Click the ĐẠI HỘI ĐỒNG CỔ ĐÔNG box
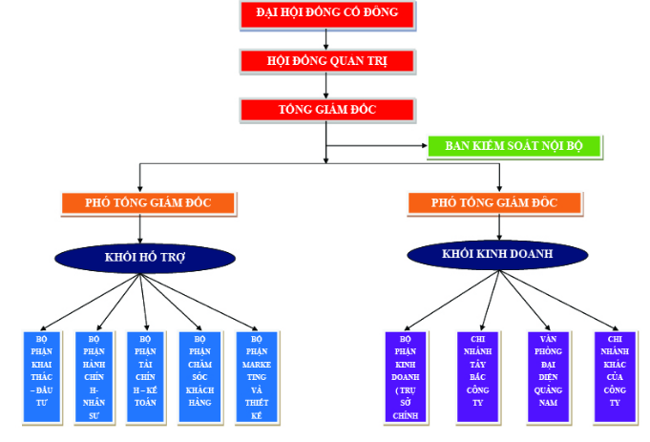(326, 14)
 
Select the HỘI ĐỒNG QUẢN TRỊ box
(326, 61)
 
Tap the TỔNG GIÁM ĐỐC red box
(326, 109)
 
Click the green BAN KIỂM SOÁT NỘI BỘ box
(514, 146)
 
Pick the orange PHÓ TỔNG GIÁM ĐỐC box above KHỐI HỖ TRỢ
(148, 202)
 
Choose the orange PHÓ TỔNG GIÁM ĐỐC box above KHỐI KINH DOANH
(494, 202)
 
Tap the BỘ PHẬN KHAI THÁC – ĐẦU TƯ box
(42, 377)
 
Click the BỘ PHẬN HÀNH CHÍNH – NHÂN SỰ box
(94, 377)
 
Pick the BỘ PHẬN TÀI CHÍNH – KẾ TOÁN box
(145, 377)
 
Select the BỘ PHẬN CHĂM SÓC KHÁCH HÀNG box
(199, 377)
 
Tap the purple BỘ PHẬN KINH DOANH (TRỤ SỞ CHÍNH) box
(407, 377)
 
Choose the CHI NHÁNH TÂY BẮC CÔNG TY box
(477, 377)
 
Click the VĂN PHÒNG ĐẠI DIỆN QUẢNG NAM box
(547, 377)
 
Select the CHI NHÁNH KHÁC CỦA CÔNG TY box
(615, 377)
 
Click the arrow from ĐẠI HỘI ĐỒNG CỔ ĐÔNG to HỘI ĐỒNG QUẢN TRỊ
(326, 37)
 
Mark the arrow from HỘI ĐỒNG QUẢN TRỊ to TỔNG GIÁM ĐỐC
(326, 85)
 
